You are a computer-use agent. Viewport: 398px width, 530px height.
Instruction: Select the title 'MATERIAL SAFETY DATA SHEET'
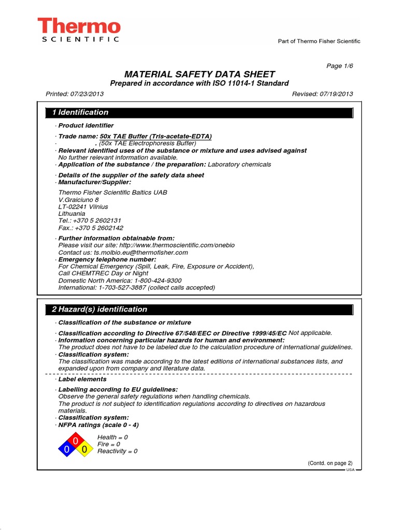(199, 74)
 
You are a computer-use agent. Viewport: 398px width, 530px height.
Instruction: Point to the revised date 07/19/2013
(336, 94)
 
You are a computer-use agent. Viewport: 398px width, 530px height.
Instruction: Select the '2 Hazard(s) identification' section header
(99, 310)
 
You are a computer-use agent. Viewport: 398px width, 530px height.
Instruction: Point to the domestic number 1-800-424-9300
(155, 280)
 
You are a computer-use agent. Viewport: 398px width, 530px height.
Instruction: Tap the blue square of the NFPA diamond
(67, 450)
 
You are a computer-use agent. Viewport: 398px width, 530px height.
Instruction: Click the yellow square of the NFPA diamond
(84, 450)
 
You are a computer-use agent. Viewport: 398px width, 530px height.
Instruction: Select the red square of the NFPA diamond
(76, 441)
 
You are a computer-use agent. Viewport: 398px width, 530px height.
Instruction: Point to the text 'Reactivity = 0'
(117, 451)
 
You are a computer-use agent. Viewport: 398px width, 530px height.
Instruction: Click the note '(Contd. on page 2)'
(330, 463)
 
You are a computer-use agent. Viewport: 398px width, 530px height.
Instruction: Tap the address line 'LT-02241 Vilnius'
(83, 207)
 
